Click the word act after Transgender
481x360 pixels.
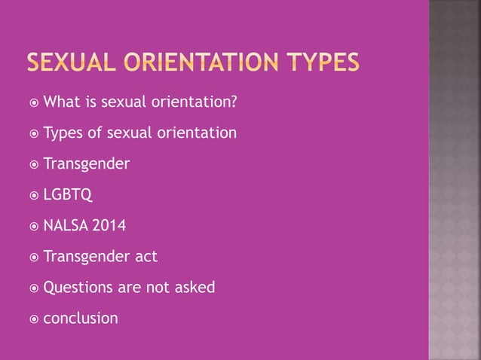click(x=145, y=257)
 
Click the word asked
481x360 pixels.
click(x=194, y=287)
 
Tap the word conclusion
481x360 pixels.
click(x=81, y=318)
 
